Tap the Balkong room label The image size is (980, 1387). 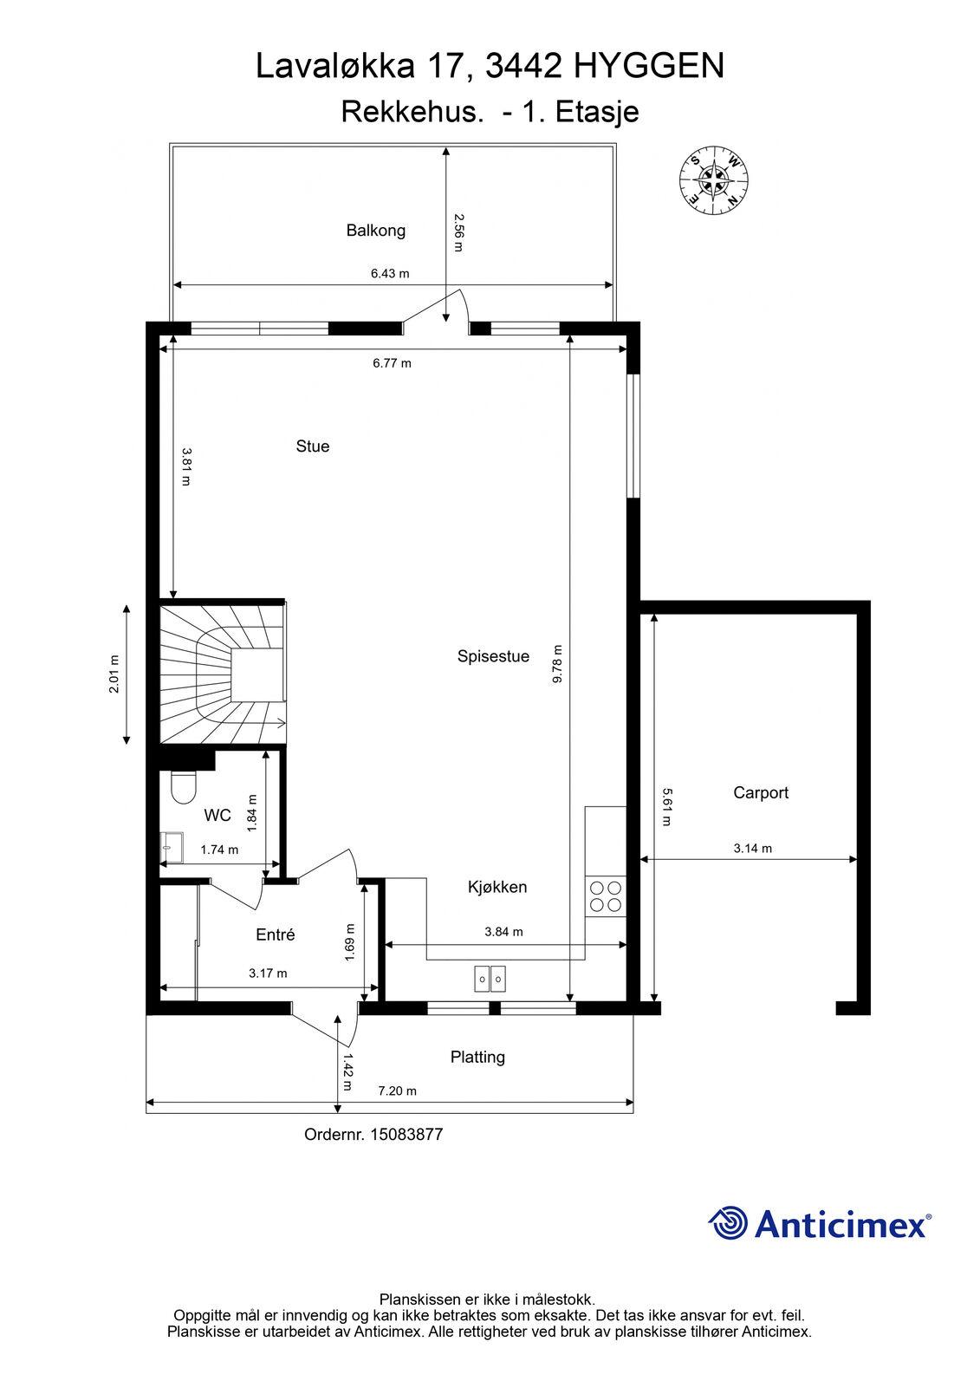coord(376,231)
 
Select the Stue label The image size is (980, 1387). coord(313,446)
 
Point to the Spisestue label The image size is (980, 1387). coord(493,656)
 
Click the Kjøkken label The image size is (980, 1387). coord(497,887)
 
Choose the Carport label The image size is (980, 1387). coord(761,792)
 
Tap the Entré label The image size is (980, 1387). coord(276,934)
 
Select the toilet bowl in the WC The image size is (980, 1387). coord(183,787)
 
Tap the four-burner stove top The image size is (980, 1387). coord(606,896)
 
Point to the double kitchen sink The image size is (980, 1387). coord(490,979)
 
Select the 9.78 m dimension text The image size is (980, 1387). coord(557,664)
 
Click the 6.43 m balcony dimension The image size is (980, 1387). coord(390,273)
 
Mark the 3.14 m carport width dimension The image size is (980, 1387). coord(753,849)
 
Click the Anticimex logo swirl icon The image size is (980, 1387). coord(728,1222)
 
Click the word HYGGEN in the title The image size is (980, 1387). coord(649,66)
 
